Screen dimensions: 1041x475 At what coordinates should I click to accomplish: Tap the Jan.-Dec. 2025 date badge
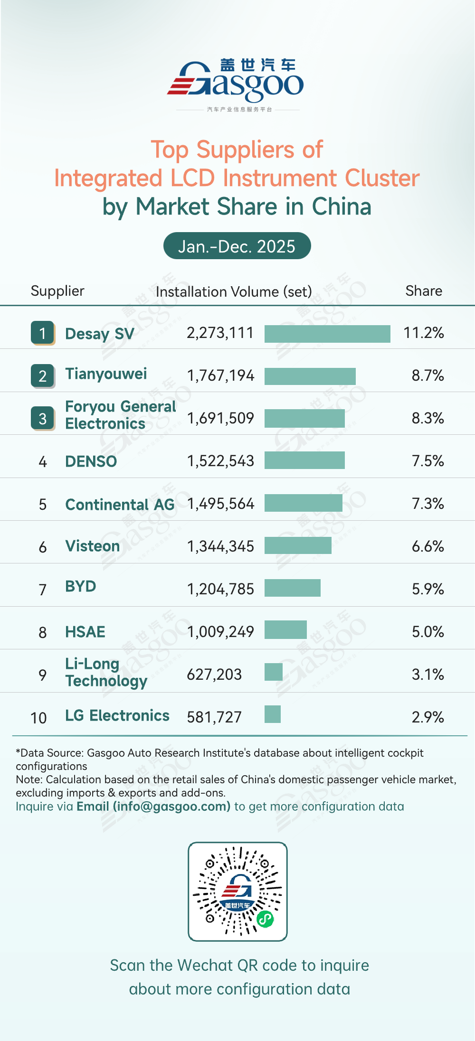coord(237,246)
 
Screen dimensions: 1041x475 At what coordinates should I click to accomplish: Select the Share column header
coord(423,291)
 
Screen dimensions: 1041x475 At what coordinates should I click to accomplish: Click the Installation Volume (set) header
coord(234,291)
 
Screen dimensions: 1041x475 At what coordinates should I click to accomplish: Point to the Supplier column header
coord(57,291)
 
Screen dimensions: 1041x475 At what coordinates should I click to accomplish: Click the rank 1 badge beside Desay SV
coord(43,333)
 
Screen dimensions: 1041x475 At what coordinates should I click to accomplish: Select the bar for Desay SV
coord(327,333)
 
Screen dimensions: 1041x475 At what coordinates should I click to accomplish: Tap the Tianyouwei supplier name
coord(106,374)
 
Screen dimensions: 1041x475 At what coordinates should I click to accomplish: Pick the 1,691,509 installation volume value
coord(220,418)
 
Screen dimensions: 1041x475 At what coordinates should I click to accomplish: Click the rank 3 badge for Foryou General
coord(43,418)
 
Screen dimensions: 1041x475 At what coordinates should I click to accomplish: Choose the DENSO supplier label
coord(91,461)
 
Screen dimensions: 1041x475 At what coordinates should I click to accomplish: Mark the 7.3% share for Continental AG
coord(427,504)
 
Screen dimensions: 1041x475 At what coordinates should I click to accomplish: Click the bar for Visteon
coord(298,546)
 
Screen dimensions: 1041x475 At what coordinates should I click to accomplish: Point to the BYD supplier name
coord(81,586)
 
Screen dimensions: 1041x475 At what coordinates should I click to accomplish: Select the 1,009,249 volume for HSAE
coord(220,632)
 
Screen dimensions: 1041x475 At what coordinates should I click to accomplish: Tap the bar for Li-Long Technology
coord(274,672)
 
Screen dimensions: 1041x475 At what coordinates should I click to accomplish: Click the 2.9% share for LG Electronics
coord(427,717)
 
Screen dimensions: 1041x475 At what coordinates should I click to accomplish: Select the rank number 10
coord(38,718)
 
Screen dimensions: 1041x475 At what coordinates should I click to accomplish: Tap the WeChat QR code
coord(237,891)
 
